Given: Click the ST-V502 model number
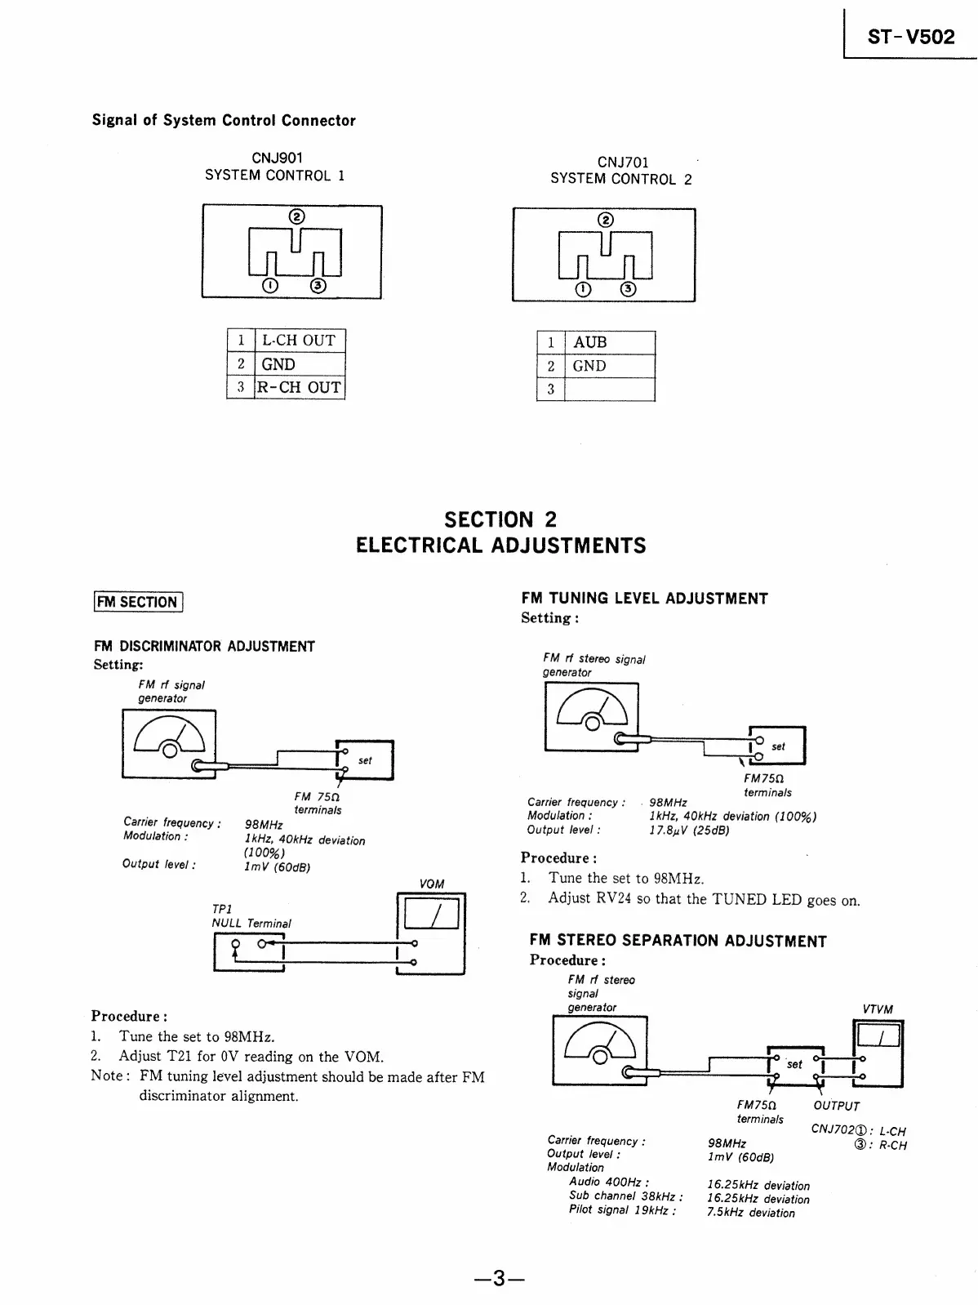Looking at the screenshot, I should click(x=911, y=37).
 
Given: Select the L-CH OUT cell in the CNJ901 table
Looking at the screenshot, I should click(x=300, y=341).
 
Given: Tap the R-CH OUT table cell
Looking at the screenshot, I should click(x=300, y=387).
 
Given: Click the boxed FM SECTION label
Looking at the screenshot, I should click(x=137, y=602).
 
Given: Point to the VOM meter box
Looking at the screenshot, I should click(x=429, y=933).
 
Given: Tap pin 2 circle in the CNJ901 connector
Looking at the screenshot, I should click(x=297, y=216).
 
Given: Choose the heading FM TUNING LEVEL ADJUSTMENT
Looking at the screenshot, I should click(x=644, y=599).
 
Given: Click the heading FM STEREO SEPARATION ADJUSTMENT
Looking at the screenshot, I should click(x=678, y=941).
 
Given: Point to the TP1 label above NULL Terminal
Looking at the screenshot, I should click(x=222, y=909).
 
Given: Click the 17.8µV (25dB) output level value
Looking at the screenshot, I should click(x=689, y=831).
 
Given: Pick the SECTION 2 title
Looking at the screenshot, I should click(x=500, y=519).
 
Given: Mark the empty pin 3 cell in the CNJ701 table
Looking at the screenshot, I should click(x=609, y=389).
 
